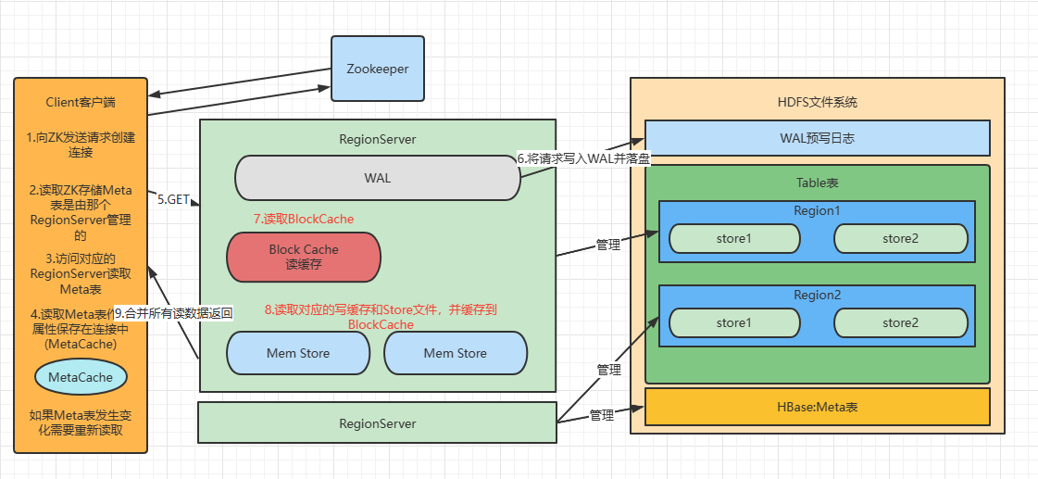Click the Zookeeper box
[x=378, y=69]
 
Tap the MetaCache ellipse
[x=81, y=377]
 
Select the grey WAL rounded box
[x=378, y=178]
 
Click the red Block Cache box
[x=304, y=257]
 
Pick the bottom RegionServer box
[x=378, y=422]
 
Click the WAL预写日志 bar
[x=818, y=138]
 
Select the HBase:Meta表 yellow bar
[x=818, y=407]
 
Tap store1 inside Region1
[x=734, y=238]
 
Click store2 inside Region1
[x=900, y=238]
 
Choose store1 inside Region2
[x=734, y=322]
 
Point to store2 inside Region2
[x=900, y=322]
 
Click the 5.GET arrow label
[x=173, y=199]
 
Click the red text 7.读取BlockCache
[x=304, y=219]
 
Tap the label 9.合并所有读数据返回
[x=173, y=313]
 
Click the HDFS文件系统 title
[x=818, y=102]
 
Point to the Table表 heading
[x=817, y=182]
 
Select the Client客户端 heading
[x=81, y=102]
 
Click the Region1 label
[x=817, y=210]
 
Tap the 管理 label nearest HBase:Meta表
[x=602, y=415]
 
